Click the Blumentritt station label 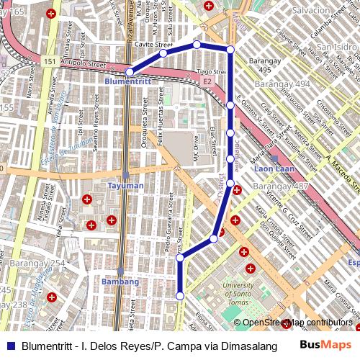coord(127,82)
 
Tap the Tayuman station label coord(125,185)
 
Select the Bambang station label coord(120,282)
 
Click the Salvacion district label coord(311,10)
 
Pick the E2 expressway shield coord(207,82)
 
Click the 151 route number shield coord(49,62)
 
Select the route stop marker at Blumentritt coord(130,72)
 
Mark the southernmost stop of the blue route coord(180,294)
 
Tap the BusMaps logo coord(326,345)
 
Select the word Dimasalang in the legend coord(251,346)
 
